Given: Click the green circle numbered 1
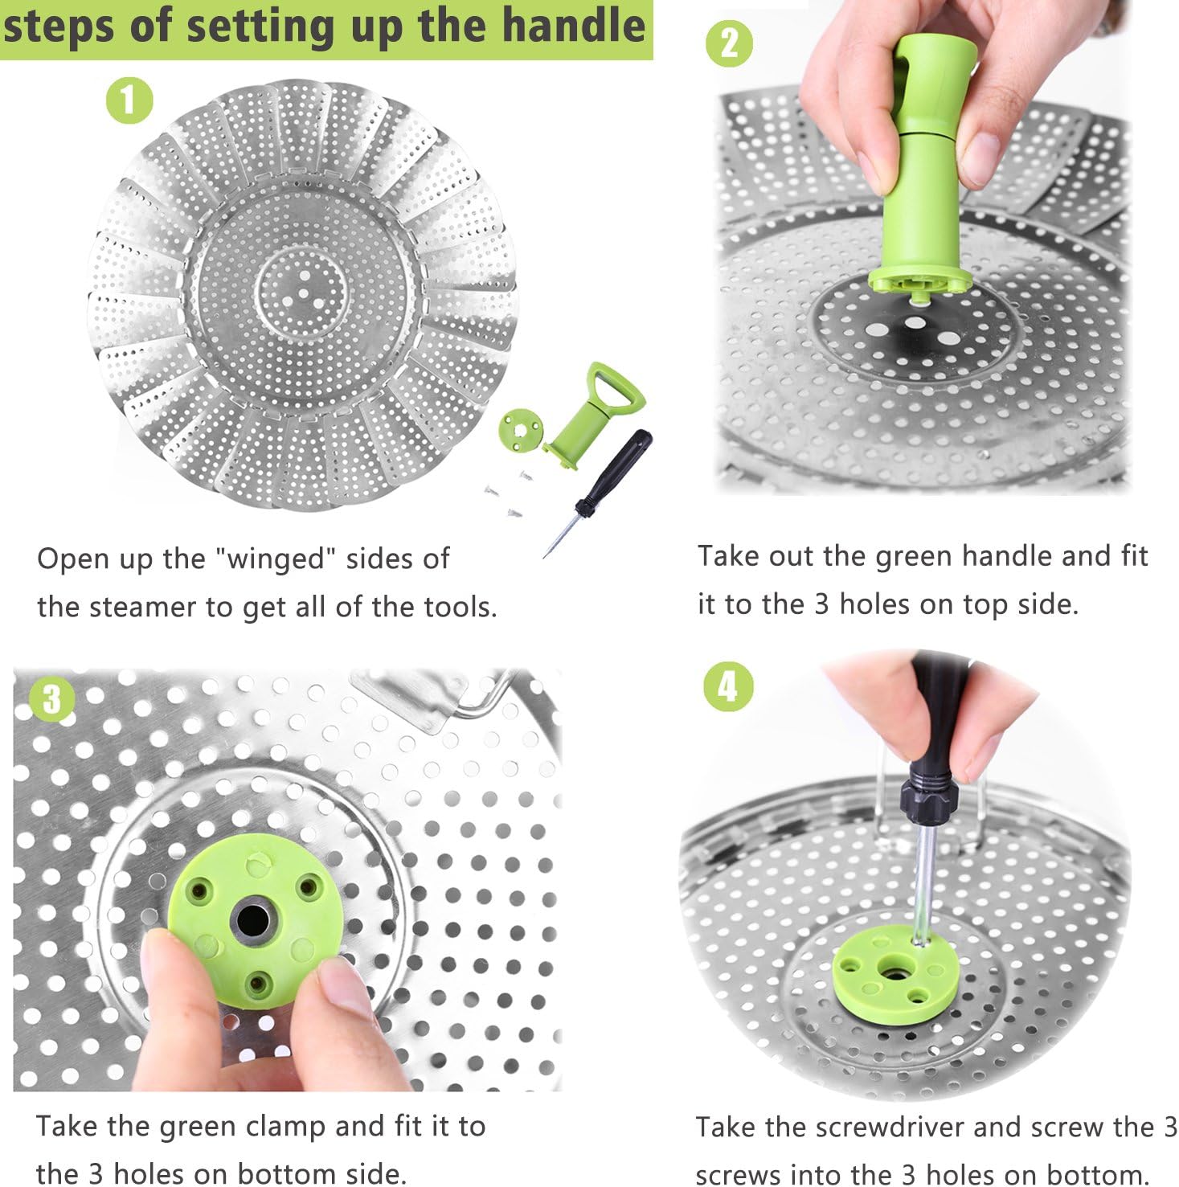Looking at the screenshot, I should pyautogui.click(x=129, y=100).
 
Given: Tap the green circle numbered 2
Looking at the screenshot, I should pyautogui.click(x=729, y=43).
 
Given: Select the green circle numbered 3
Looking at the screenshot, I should pyautogui.click(x=51, y=698).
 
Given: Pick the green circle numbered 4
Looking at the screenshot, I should pyautogui.click(x=727, y=686).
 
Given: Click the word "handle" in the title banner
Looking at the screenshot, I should pyautogui.click(x=576, y=26).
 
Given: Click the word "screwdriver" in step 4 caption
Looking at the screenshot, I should pyautogui.click(x=890, y=1127).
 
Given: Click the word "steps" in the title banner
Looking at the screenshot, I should pyautogui.click(x=61, y=26).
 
